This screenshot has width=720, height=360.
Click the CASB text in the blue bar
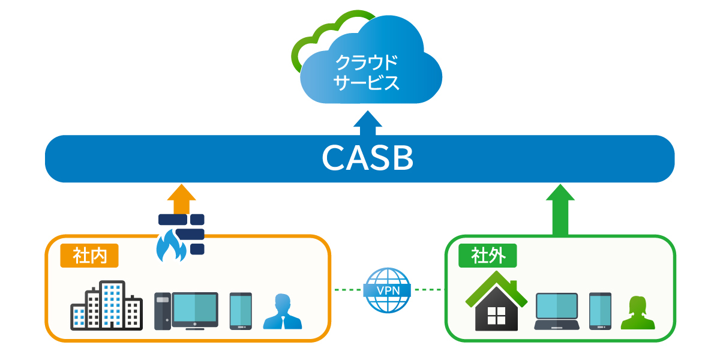[367, 158]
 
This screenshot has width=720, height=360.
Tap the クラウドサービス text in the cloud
[367, 73]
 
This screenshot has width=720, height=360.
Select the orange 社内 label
[89, 256]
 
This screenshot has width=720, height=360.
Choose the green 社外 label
[487, 256]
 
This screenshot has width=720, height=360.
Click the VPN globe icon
[388, 290]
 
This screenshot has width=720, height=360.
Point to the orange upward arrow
[181, 199]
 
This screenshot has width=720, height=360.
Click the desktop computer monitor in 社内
[194, 310]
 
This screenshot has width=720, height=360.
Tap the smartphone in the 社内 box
[241, 311]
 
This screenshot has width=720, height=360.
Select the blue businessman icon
[282, 312]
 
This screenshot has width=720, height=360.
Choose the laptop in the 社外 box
[556, 312]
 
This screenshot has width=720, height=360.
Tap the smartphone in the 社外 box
[599, 311]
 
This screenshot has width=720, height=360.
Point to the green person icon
[637, 313]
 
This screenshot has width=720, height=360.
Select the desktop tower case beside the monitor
[162, 311]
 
